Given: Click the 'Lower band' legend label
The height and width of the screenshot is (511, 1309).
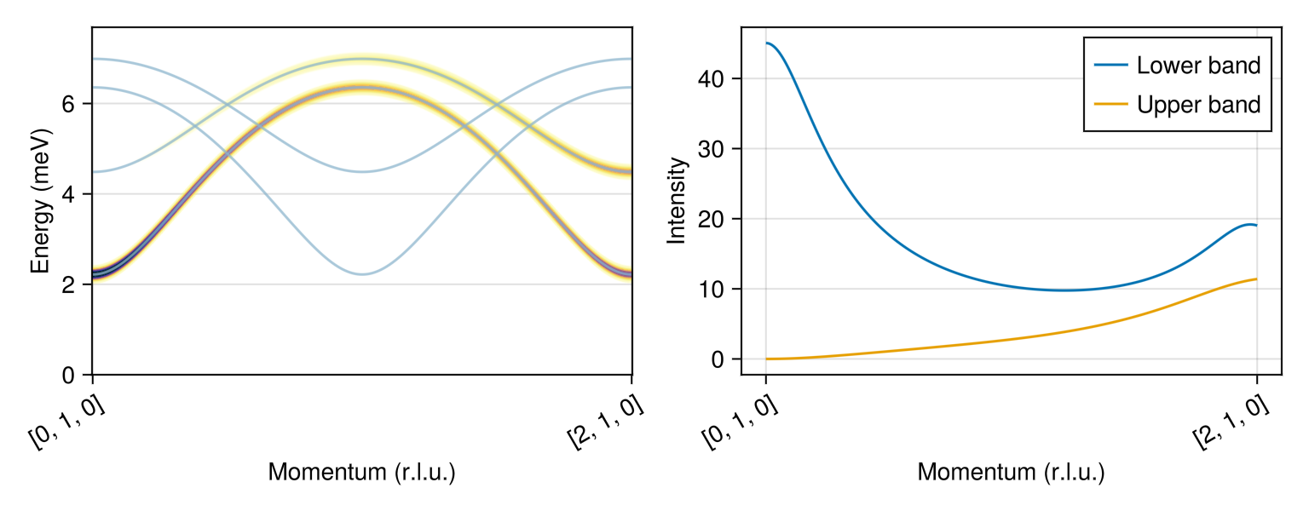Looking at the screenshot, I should pos(1198,65).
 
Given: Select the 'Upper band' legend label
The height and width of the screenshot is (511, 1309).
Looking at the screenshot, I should pos(1198,105).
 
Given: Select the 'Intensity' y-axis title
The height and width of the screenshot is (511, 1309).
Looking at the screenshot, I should pos(677,201).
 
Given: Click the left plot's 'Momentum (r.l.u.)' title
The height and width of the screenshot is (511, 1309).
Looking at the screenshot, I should pos(361,473).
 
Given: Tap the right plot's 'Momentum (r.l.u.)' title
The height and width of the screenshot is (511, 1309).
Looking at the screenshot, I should pos(1011,473).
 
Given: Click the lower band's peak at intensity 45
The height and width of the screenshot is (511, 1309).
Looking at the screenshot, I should pos(767,43).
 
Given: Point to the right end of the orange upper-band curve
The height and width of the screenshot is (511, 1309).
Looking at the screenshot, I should pos(1256,279).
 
